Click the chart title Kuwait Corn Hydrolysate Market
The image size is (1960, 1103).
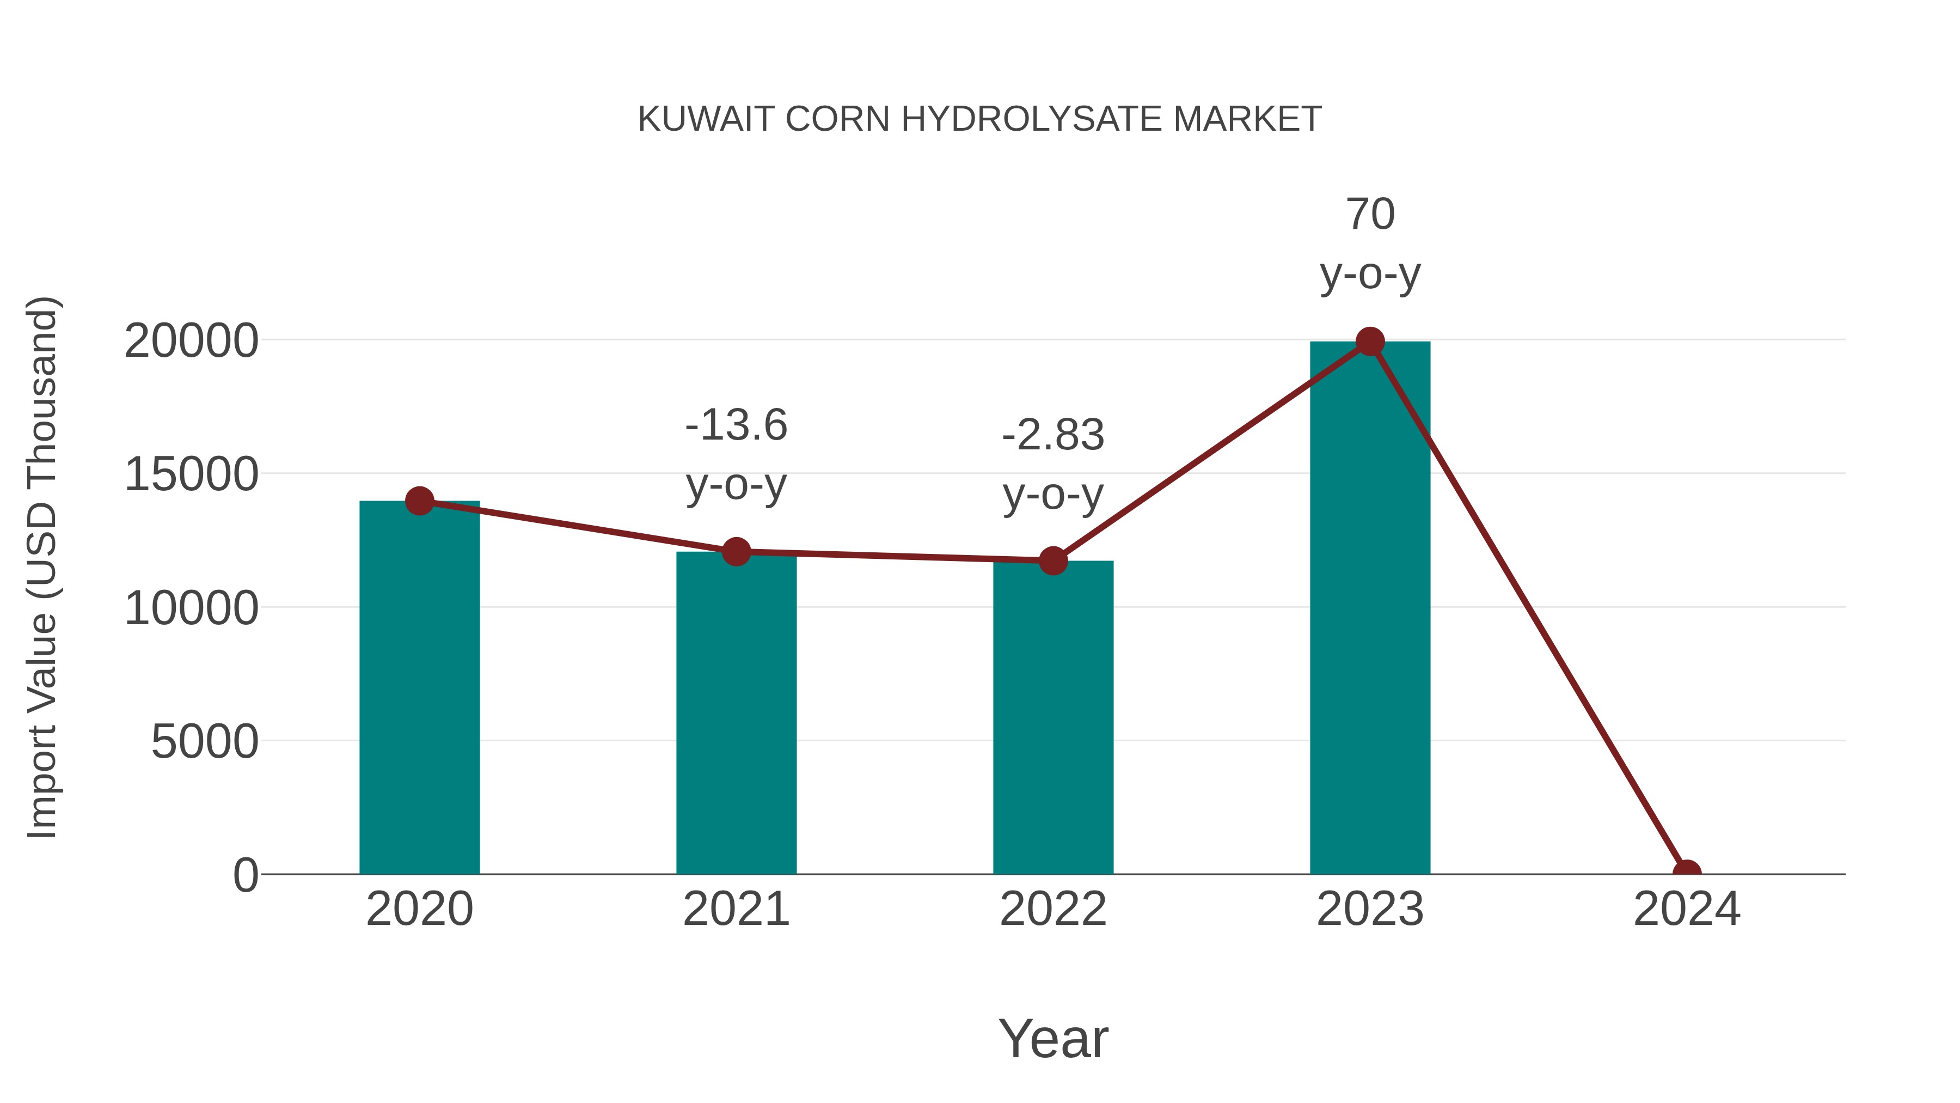(x=979, y=119)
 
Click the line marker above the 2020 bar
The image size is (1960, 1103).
(x=419, y=501)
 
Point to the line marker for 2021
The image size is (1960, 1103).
(x=736, y=551)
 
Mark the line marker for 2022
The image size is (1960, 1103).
(x=1053, y=560)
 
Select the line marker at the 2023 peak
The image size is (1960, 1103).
(x=1370, y=342)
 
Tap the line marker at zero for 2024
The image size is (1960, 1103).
(x=1686, y=873)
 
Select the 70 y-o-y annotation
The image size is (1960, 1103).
(x=1370, y=243)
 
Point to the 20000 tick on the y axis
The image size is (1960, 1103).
(x=191, y=340)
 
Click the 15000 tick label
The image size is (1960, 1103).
(x=191, y=474)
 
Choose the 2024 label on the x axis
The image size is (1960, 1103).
(x=1686, y=909)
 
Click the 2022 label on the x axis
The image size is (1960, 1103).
(x=1053, y=909)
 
